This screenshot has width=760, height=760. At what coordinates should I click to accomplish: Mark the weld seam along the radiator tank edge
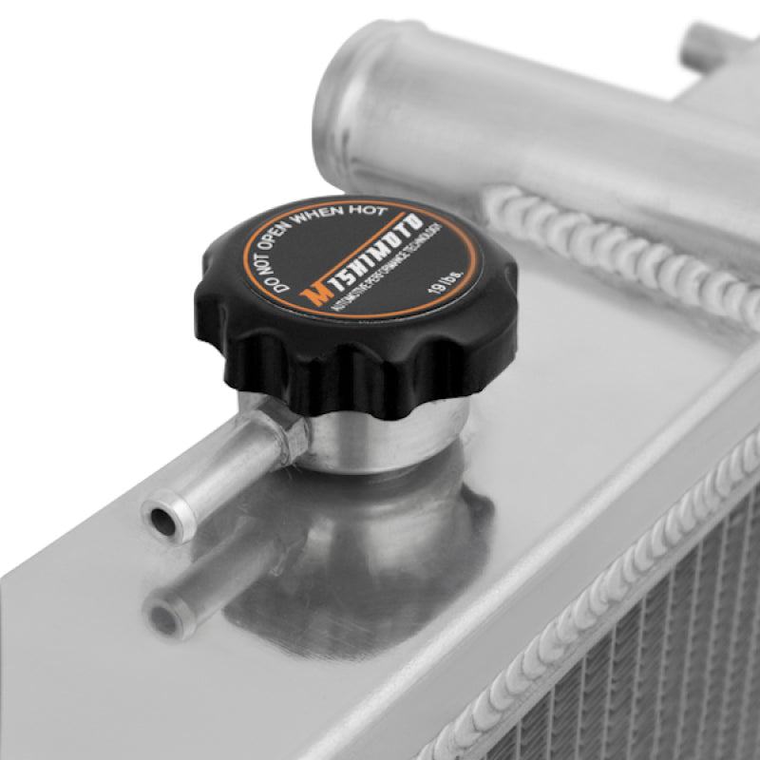[589, 608]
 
